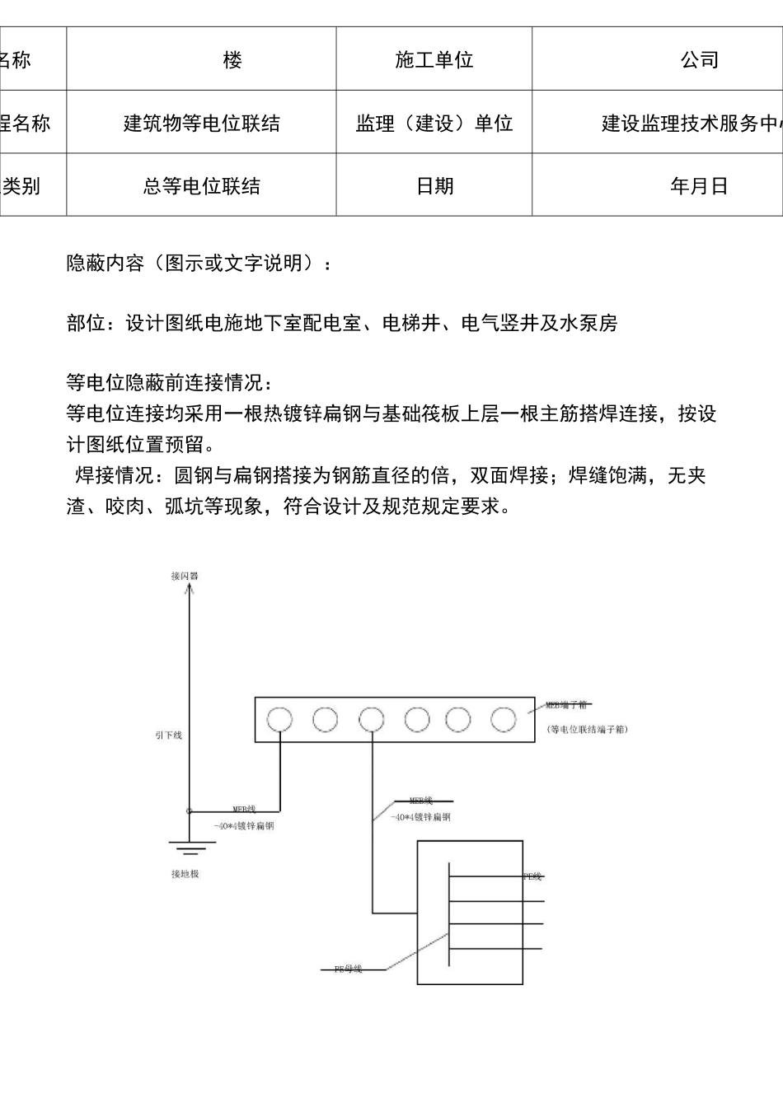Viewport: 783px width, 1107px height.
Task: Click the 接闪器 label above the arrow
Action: tap(185, 576)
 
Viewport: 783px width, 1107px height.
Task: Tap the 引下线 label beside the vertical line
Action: tap(168, 735)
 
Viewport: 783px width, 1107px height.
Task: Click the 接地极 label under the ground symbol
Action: tap(185, 874)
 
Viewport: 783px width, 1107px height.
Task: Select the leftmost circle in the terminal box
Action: tap(279, 720)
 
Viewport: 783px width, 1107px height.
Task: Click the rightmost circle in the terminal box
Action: tap(503, 720)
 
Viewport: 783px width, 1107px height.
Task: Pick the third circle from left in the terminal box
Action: tap(372, 720)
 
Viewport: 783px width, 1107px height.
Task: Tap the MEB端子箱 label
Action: tap(566, 705)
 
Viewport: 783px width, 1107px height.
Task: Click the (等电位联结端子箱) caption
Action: tap(587, 730)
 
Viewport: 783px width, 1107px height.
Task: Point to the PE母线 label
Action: tap(348, 969)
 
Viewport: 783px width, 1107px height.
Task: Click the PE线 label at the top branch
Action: tap(533, 876)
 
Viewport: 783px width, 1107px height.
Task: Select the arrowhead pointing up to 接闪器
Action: tap(190, 590)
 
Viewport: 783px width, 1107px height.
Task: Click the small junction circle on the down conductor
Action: tap(190, 811)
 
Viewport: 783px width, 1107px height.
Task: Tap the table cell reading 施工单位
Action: tap(434, 59)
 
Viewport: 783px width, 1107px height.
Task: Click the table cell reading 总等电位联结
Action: tap(201, 185)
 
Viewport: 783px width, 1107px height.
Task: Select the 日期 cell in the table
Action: tap(434, 185)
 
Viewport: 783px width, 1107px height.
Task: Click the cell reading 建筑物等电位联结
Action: tap(201, 123)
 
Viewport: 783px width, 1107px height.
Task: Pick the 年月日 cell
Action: tap(699, 185)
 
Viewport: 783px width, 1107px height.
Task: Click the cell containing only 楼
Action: tap(233, 59)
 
